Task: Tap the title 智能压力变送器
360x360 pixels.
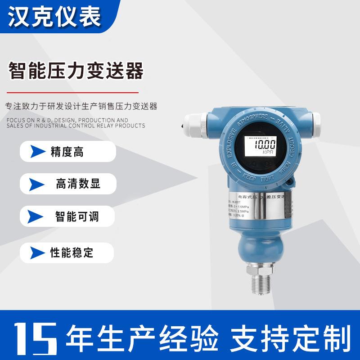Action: coord(76,71)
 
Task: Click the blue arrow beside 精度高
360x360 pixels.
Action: coord(38,152)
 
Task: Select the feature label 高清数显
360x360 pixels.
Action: coord(77,184)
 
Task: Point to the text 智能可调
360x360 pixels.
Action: coord(77,217)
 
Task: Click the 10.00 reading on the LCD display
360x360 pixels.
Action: coord(265,145)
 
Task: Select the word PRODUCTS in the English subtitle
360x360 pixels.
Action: coord(130,126)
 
